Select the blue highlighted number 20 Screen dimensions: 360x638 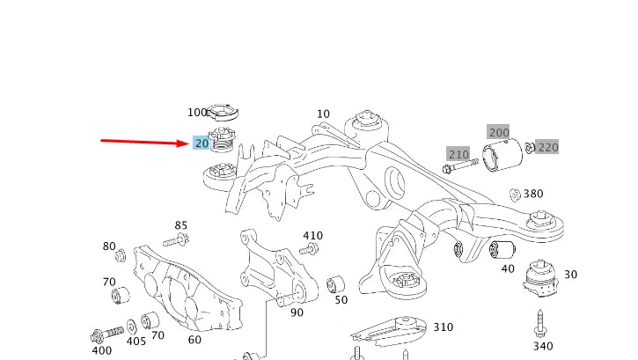(202, 143)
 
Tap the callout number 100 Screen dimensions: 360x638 (196, 113)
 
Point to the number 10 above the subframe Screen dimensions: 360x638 (323, 114)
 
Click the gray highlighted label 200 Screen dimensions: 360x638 (498, 132)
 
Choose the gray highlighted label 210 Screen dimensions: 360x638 (458, 154)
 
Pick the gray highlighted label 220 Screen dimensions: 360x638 (546, 147)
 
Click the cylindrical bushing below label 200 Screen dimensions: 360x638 (503, 158)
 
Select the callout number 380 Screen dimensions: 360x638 (533, 194)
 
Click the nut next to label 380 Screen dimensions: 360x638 (514, 194)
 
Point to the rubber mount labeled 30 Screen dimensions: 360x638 (539, 279)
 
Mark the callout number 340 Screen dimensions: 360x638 (542, 346)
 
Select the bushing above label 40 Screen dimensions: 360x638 (502, 248)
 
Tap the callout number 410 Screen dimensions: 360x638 (312, 236)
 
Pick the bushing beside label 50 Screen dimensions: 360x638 (335, 283)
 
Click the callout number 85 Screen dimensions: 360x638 (180, 225)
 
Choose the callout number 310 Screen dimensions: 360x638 (443, 327)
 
